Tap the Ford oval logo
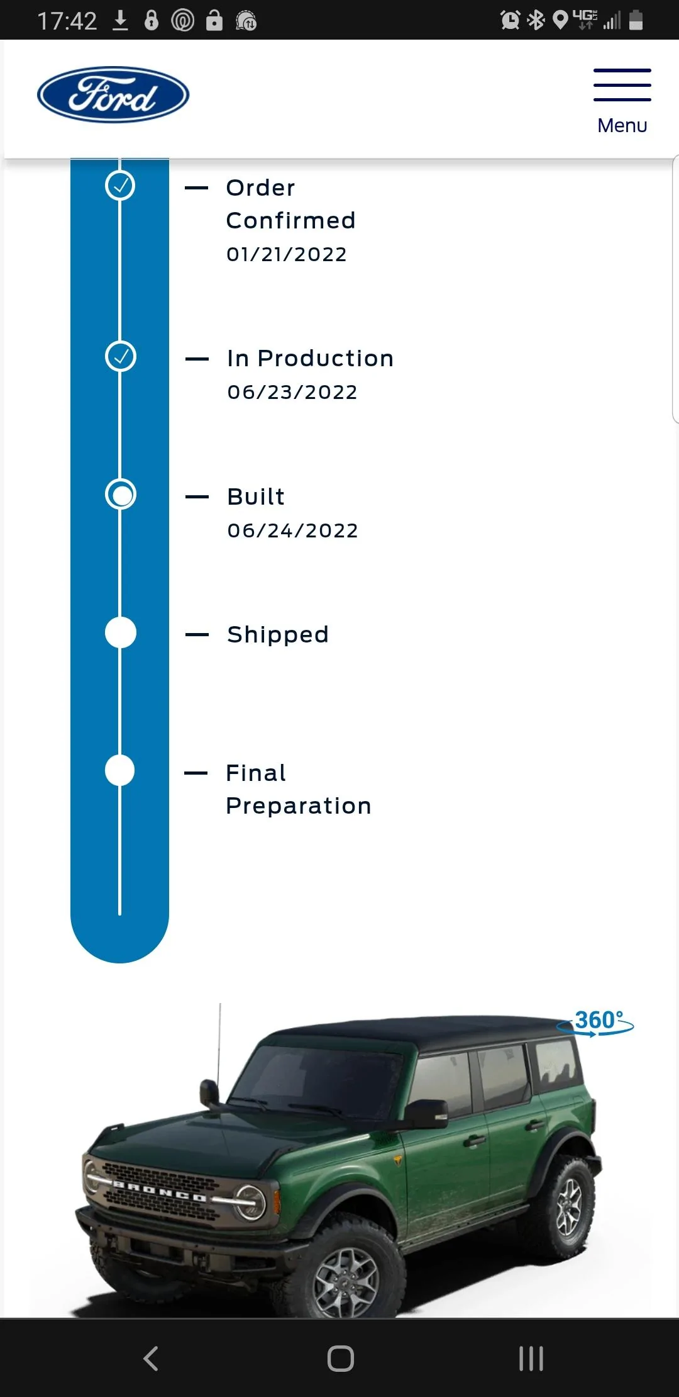click(x=113, y=94)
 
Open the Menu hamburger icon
click(x=622, y=84)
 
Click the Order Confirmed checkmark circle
click(x=120, y=186)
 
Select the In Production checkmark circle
click(x=121, y=356)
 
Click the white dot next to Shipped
click(x=121, y=632)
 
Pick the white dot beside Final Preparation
click(x=120, y=770)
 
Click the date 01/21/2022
click(x=287, y=254)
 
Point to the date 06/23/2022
click(x=292, y=392)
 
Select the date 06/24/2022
click(x=293, y=530)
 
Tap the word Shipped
click(x=278, y=635)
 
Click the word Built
click(x=256, y=497)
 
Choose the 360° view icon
click(x=596, y=1022)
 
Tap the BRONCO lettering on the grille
click(x=160, y=1191)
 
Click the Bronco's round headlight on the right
click(x=250, y=1202)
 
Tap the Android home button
click(x=340, y=1358)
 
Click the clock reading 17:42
click(x=67, y=21)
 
